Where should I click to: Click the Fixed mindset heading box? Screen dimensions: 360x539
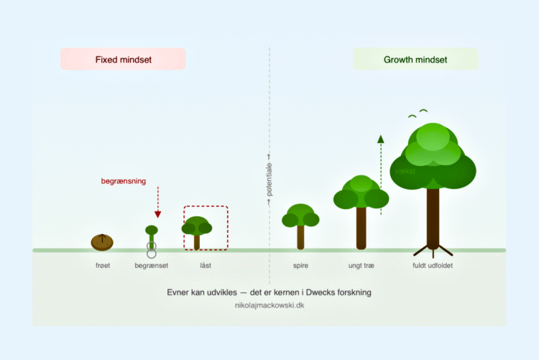123,60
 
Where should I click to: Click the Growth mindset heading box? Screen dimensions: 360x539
415,60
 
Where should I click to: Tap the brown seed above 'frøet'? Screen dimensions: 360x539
103,241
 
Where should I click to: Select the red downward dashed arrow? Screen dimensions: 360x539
158,203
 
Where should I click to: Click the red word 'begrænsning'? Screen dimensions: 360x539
123,181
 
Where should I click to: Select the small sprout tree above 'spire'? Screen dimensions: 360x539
301,224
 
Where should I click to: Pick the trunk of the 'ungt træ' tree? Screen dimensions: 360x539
361,228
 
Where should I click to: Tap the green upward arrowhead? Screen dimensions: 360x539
381,139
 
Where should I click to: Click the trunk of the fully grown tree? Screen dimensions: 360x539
433,216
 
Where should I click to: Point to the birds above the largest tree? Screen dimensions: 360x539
418,113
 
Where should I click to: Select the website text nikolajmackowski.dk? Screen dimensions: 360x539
269,305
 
